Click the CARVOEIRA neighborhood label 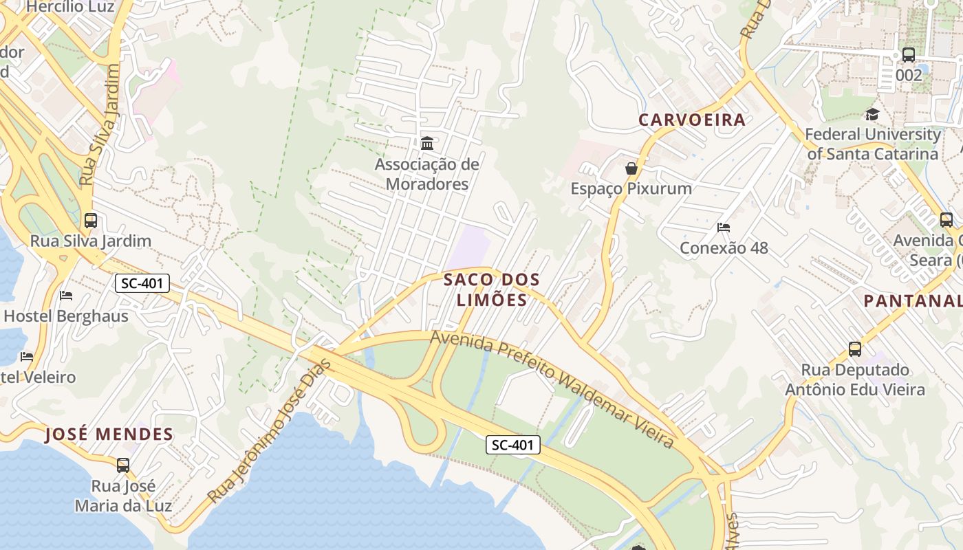tap(692, 120)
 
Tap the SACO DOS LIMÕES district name tap(492, 289)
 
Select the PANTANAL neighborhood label tap(913, 300)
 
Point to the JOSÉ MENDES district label tap(109, 434)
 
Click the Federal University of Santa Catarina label tap(872, 144)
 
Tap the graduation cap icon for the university tap(872, 114)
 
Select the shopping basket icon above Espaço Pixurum tap(631, 168)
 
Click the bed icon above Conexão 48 tap(723, 228)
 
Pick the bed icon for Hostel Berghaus tap(66, 296)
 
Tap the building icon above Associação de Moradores tap(426, 144)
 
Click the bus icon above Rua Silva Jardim tap(91, 221)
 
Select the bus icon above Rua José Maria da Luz tap(123, 465)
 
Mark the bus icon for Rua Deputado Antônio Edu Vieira tap(855, 349)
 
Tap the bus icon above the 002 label tap(909, 55)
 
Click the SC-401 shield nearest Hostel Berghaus tap(142, 283)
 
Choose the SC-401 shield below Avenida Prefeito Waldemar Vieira tap(513, 445)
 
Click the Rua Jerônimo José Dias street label tap(270, 430)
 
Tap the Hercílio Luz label tap(70, 7)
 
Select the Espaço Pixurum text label tap(631, 188)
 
